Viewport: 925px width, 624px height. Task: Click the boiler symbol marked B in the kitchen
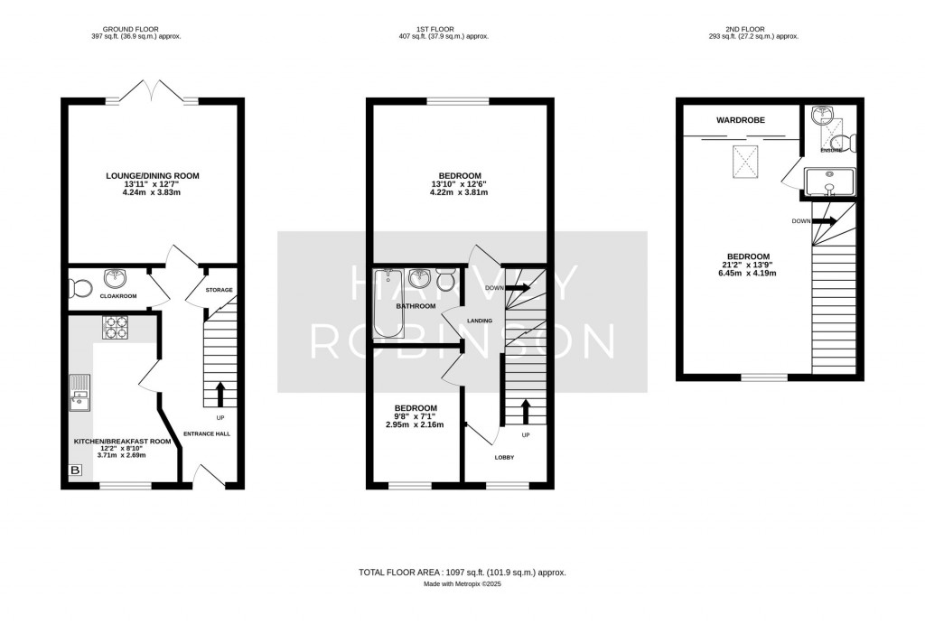click(x=76, y=470)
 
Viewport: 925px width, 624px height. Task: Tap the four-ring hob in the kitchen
click(x=116, y=327)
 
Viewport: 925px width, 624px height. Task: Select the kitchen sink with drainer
click(x=79, y=392)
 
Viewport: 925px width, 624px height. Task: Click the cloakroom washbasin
click(x=113, y=278)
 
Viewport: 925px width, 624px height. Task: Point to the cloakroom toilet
click(x=79, y=289)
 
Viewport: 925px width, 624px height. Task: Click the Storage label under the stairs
click(x=219, y=290)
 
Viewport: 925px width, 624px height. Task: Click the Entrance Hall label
click(x=207, y=434)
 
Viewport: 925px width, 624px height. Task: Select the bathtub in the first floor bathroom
click(x=388, y=303)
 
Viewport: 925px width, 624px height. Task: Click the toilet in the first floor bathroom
click(x=446, y=280)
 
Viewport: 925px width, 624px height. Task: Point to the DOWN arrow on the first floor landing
click(x=519, y=288)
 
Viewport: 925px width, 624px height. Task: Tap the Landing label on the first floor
click(x=480, y=321)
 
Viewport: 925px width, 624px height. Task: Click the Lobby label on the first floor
click(x=504, y=458)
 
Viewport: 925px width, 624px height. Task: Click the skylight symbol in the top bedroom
click(x=745, y=162)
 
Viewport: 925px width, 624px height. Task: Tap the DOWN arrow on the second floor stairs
click(x=825, y=221)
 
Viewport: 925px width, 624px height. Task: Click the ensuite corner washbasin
click(x=819, y=116)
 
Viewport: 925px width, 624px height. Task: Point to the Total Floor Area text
click(x=462, y=573)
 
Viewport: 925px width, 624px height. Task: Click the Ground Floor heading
click(x=130, y=29)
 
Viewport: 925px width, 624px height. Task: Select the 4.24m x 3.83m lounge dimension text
click(x=152, y=192)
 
